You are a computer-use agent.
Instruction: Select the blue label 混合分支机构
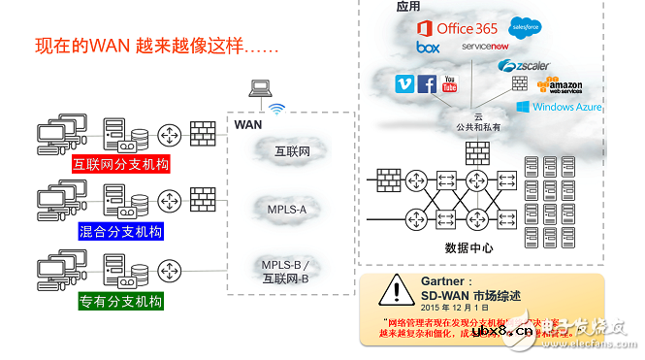point(121,231)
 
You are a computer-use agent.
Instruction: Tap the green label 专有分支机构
point(121,301)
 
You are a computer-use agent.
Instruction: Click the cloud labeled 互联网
point(293,151)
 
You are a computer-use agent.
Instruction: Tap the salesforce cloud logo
point(527,26)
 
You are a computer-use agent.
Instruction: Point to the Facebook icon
point(426,84)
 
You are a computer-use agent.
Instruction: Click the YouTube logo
point(449,84)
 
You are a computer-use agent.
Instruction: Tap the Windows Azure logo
point(559,107)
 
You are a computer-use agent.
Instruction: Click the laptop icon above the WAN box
point(260,90)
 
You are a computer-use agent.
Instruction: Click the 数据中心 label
point(470,246)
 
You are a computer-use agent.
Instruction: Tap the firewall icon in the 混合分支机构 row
point(202,199)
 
